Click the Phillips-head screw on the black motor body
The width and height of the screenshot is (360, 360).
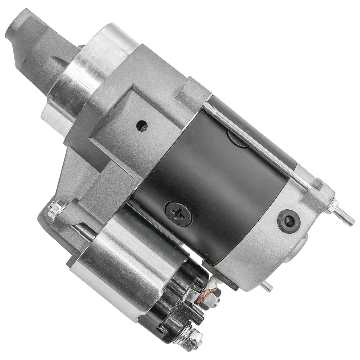[178, 214]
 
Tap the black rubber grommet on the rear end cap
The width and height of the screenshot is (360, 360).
[289, 221]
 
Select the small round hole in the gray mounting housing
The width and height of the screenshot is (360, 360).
[142, 126]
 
